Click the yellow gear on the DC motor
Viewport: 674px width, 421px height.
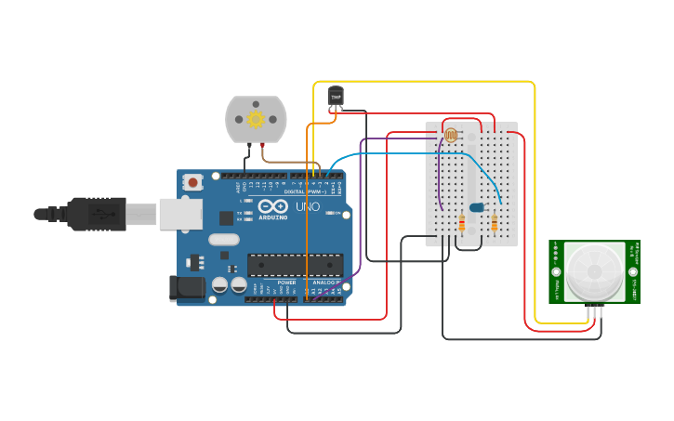pyautogui.click(x=256, y=119)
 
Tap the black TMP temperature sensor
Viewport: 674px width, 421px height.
pyautogui.click(x=336, y=96)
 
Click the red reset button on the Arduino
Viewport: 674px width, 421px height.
pyautogui.click(x=192, y=182)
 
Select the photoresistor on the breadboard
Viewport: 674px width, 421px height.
pyautogui.click(x=451, y=135)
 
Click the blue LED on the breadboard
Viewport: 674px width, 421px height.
pyautogui.click(x=477, y=207)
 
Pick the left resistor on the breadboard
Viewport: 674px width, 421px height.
pyautogui.click(x=462, y=223)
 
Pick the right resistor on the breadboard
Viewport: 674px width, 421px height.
pyautogui.click(x=494, y=223)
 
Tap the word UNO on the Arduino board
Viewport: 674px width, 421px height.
pyautogui.click(x=307, y=206)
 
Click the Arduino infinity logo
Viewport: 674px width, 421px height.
pyautogui.click(x=272, y=206)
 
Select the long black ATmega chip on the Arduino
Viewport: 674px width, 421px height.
pyautogui.click(x=295, y=265)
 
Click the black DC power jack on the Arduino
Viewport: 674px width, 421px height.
pyautogui.click(x=186, y=288)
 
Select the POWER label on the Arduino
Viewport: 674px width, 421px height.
pyautogui.click(x=287, y=283)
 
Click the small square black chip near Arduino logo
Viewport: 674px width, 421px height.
pyautogui.click(x=226, y=217)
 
